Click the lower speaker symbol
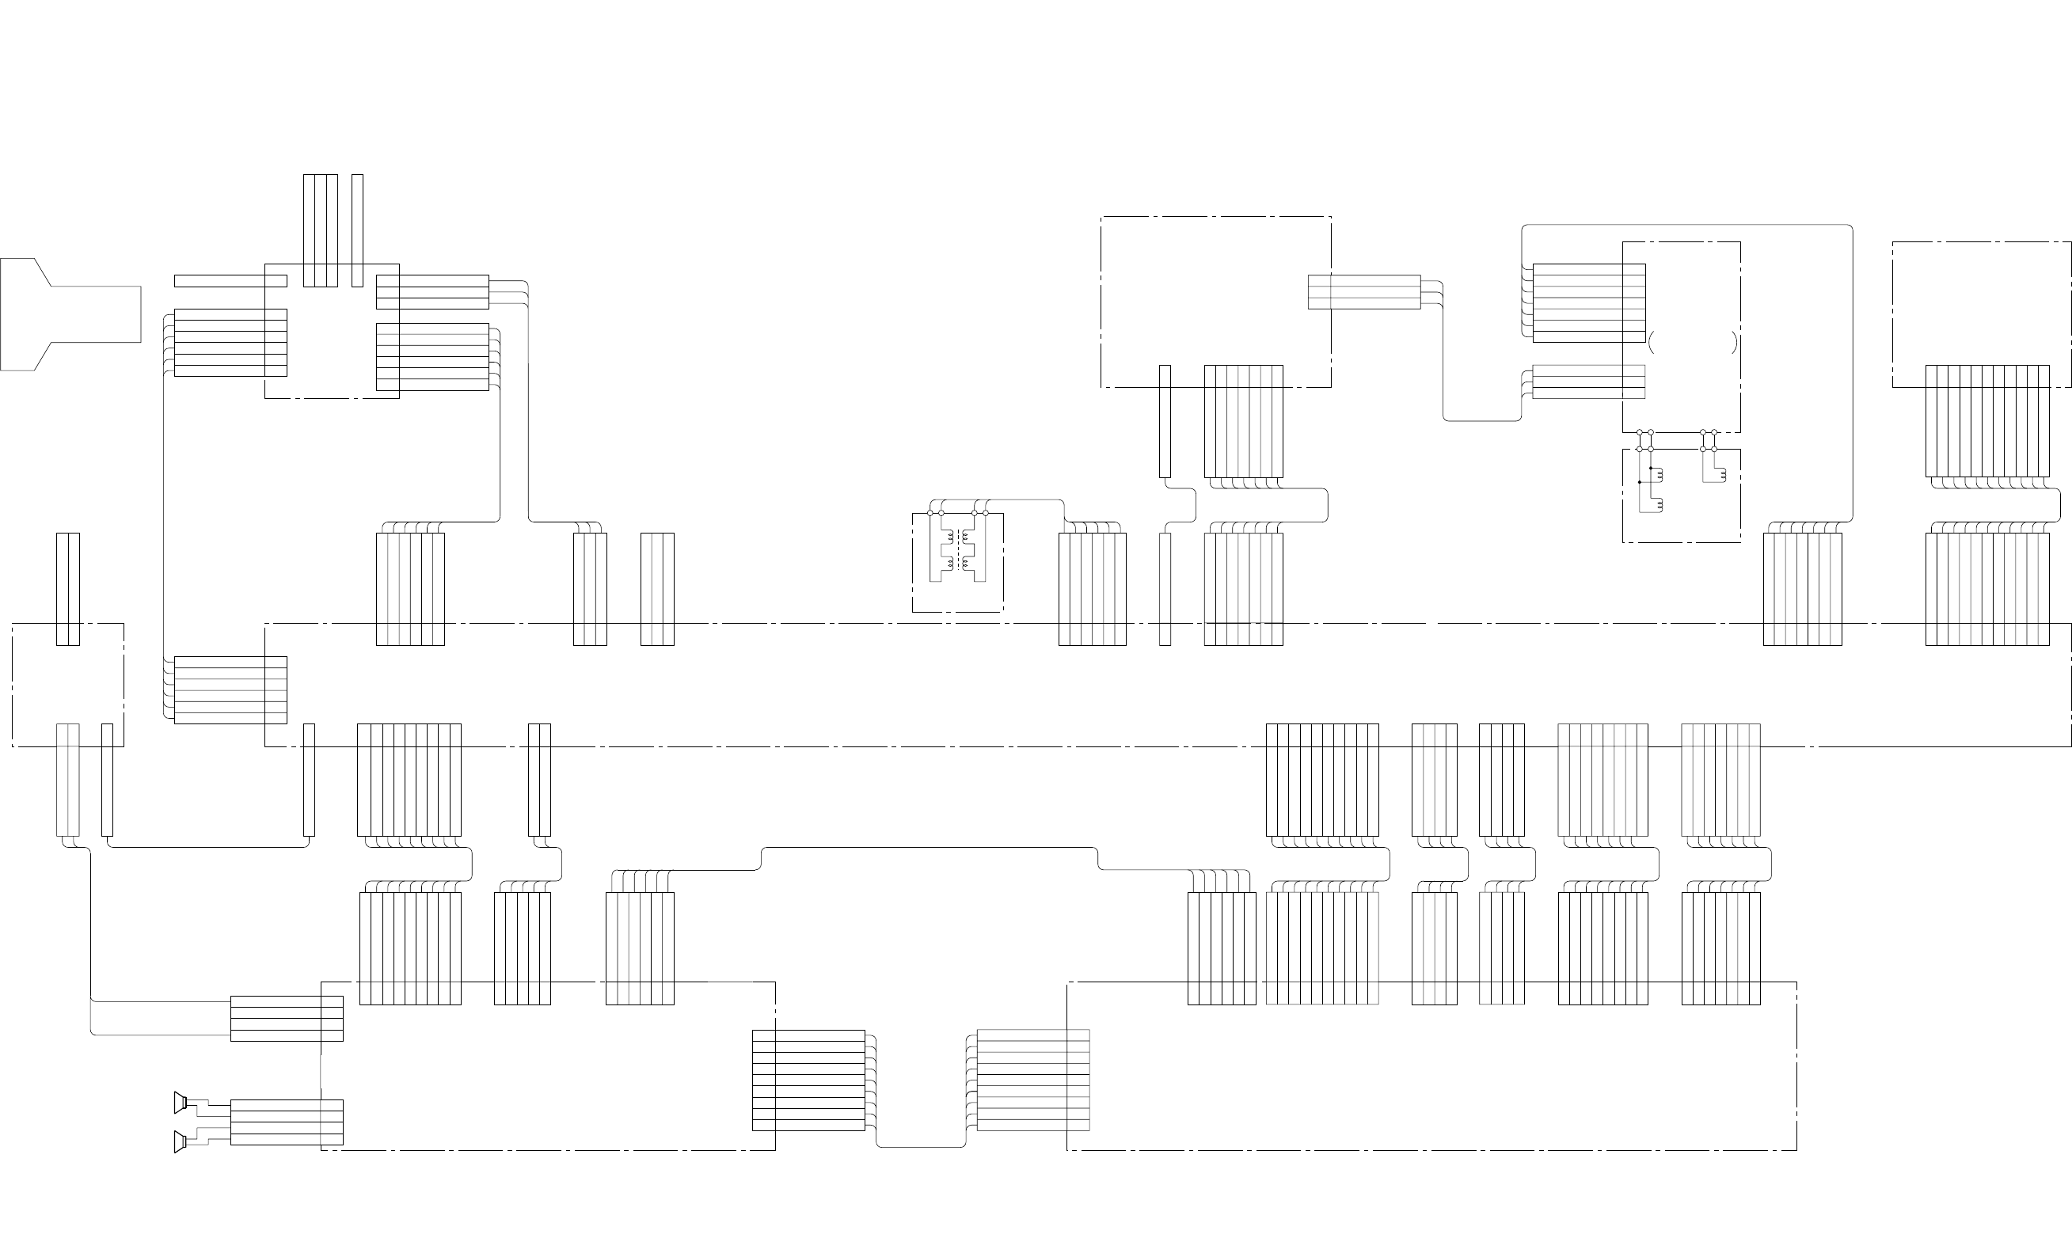click(180, 1141)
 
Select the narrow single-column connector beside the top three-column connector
click(357, 230)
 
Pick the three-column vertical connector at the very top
click(321, 230)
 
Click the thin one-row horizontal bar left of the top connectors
click(230, 281)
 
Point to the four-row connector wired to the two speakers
click(287, 1122)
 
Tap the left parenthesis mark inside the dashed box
click(1652, 341)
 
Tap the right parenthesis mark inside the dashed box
click(1734, 341)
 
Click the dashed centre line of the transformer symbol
click(958, 551)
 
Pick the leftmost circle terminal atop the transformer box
click(930, 513)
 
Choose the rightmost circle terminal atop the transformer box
click(986, 513)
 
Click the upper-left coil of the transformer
click(950, 536)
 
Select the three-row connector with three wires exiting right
click(432, 292)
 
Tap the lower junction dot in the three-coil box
click(1640, 483)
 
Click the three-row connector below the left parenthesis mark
click(1588, 382)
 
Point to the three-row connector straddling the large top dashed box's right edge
click(1364, 292)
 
